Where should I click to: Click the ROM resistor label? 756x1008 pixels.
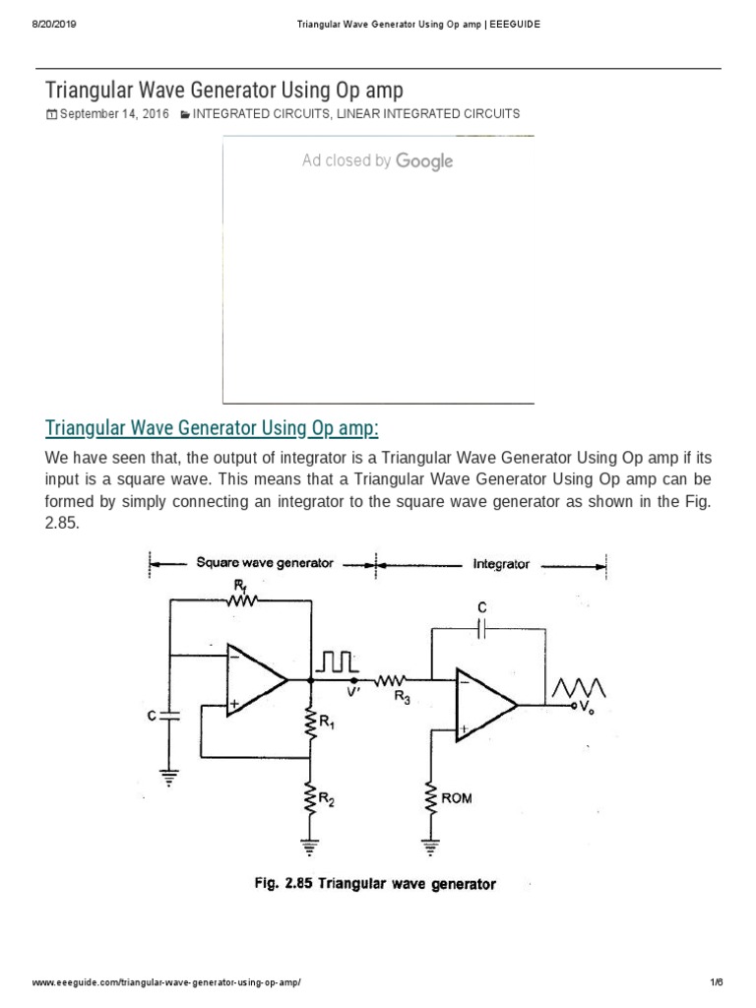[457, 797]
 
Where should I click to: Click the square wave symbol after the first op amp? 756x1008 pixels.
[334, 660]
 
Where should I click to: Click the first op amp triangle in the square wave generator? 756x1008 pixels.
[253, 679]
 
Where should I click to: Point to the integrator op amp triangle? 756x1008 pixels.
[482, 705]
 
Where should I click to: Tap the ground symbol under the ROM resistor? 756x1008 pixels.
[430, 843]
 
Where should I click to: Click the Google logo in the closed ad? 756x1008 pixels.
[424, 161]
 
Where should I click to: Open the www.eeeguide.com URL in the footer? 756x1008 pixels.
[166, 983]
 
